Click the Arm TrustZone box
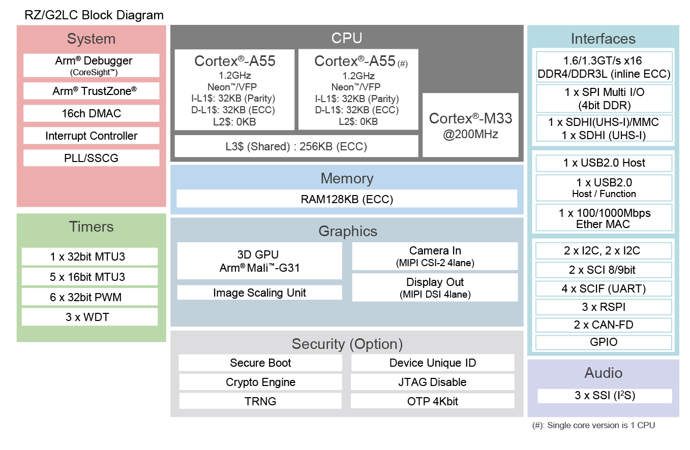click(92, 91)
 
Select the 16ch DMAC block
click(92, 114)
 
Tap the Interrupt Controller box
click(92, 136)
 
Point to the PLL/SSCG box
click(92, 158)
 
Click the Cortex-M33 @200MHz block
click(470, 125)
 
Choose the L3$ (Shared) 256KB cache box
click(296, 146)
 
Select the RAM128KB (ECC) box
click(347, 199)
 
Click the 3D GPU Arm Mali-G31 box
click(259, 261)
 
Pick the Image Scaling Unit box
click(259, 293)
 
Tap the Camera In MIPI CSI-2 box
click(435, 256)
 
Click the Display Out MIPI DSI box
click(435, 287)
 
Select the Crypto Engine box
click(260, 382)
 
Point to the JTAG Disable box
click(432, 382)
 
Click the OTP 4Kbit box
click(432, 401)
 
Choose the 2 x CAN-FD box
click(604, 325)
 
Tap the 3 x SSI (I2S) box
click(605, 396)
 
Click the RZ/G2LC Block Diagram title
click(94, 15)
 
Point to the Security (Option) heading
click(347, 344)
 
